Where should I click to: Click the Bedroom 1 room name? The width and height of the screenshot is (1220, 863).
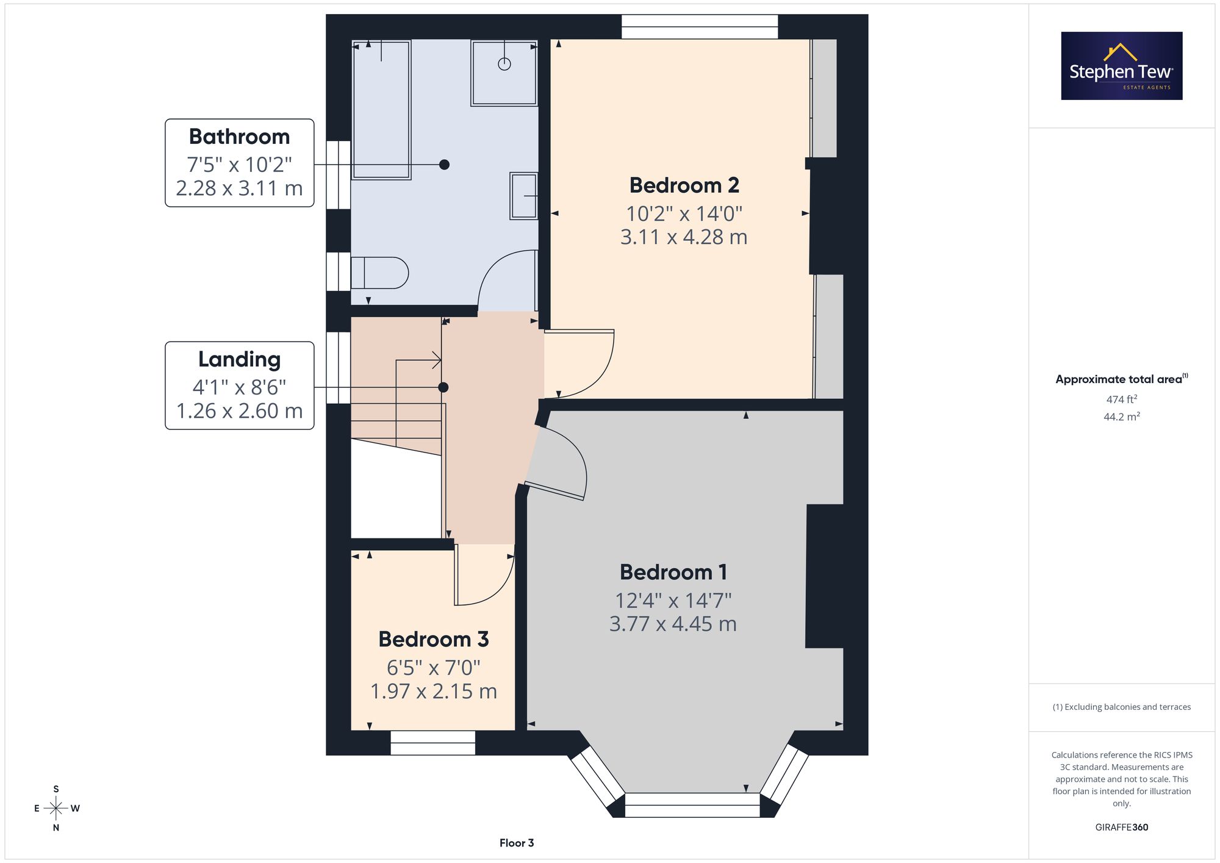tap(673, 572)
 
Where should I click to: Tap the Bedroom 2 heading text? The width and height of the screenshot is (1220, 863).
tap(684, 185)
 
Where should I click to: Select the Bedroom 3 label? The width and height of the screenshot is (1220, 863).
tap(434, 639)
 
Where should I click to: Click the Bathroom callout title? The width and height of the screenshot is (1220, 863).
tap(239, 137)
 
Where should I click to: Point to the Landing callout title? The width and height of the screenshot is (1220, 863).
tap(239, 359)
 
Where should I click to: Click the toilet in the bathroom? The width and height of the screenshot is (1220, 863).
tap(379, 273)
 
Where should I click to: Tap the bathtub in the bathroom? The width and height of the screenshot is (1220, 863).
tap(382, 110)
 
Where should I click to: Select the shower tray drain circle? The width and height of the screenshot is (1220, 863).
tap(504, 63)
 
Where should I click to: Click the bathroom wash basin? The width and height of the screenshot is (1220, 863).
tap(524, 196)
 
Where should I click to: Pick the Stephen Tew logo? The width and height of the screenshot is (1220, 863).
tap(1122, 66)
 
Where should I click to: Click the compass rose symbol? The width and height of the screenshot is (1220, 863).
tap(56, 809)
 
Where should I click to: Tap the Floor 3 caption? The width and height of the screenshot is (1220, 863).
tap(517, 843)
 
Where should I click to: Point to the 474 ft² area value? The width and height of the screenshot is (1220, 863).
tap(1122, 399)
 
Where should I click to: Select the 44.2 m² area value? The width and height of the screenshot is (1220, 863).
tap(1122, 417)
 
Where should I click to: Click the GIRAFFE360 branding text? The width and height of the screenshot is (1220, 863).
tap(1122, 828)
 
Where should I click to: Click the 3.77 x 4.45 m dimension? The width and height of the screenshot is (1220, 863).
tap(673, 624)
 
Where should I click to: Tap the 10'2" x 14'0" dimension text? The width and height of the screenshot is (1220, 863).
tap(684, 213)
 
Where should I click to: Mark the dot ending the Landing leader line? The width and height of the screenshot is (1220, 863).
tap(443, 387)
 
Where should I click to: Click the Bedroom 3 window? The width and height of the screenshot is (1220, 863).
tap(432, 743)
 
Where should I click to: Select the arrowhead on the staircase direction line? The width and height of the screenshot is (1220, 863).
tap(437, 360)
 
